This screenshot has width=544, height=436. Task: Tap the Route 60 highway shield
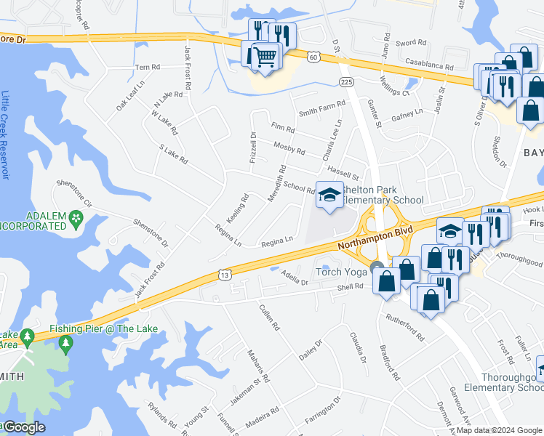point(313,56)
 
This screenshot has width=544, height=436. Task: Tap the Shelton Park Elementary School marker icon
point(329,195)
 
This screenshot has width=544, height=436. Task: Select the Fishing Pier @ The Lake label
point(103,328)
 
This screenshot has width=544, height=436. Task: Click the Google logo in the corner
point(24,427)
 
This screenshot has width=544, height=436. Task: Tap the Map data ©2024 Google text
point(498,430)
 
